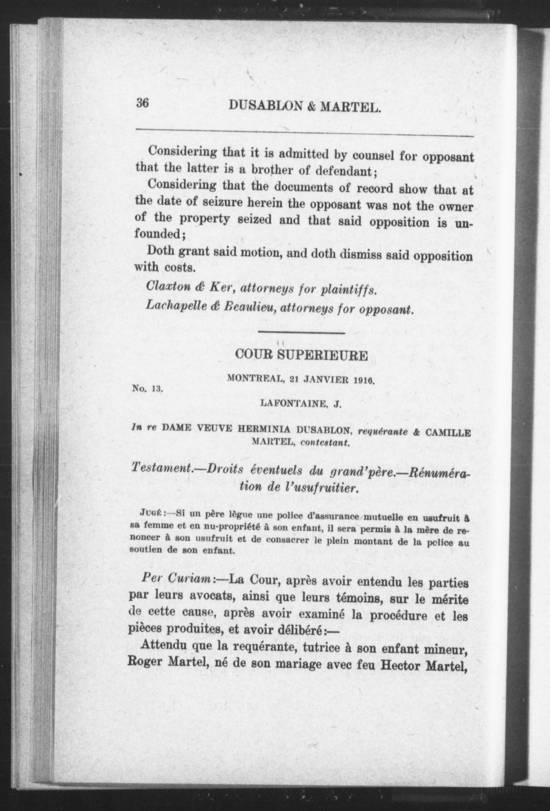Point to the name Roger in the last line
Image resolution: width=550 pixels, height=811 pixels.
146,661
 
